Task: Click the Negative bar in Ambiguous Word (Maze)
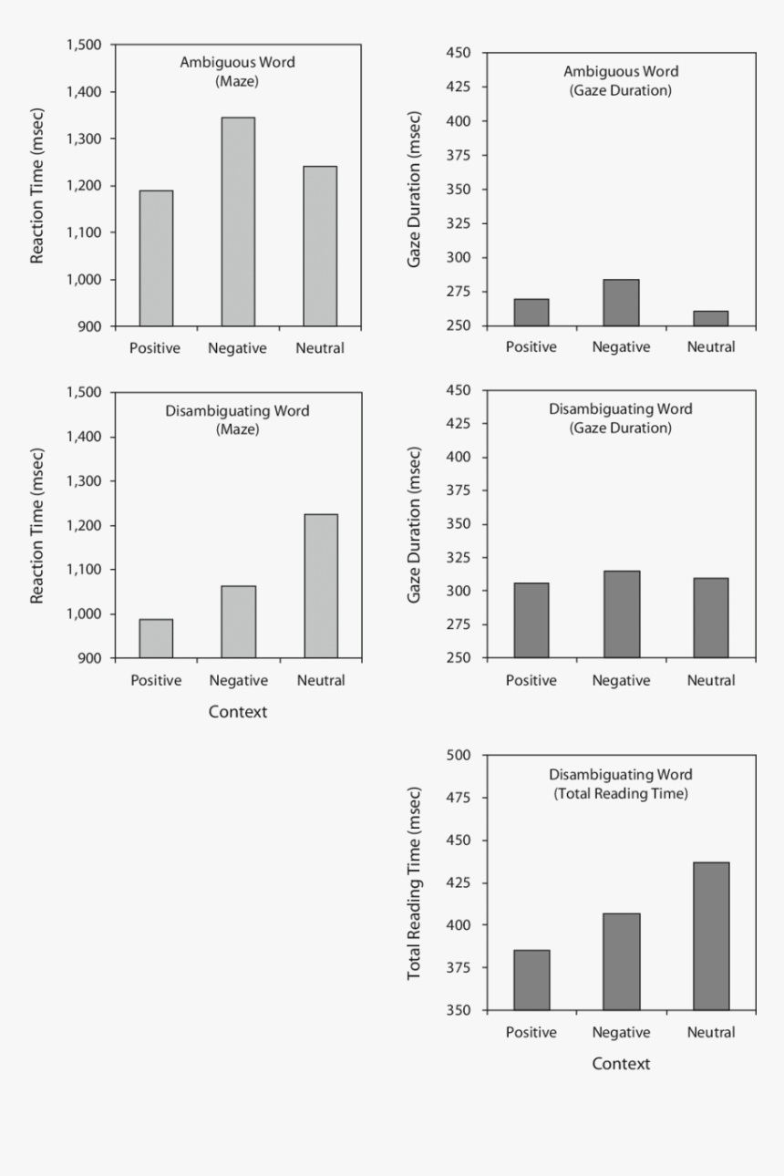tap(238, 222)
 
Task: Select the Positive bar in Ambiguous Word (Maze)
tap(156, 258)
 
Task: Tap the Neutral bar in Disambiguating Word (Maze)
tap(321, 586)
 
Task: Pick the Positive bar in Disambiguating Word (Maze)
tap(156, 638)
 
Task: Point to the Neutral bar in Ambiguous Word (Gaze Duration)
tap(711, 318)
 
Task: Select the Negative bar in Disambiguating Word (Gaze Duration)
tap(621, 614)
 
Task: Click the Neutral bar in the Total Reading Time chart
tap(711, 936)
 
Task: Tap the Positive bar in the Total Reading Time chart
tap(531, 980)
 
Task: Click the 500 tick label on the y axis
tap(457, 755)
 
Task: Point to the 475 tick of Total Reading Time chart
tap(457, 798)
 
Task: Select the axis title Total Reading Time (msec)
tap(415, 882)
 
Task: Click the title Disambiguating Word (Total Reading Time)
tap(621, 784)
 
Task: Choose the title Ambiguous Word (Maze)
tap(238, 71)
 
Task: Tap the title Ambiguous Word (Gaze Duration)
tap(621, 80)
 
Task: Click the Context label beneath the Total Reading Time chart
tap(621, 1064)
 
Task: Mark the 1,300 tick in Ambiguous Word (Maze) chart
tap(88, 139)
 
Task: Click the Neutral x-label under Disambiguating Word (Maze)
tap(320, 680)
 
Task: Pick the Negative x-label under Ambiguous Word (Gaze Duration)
tap(621, 347)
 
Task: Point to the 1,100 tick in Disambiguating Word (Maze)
tap(88, 570)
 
